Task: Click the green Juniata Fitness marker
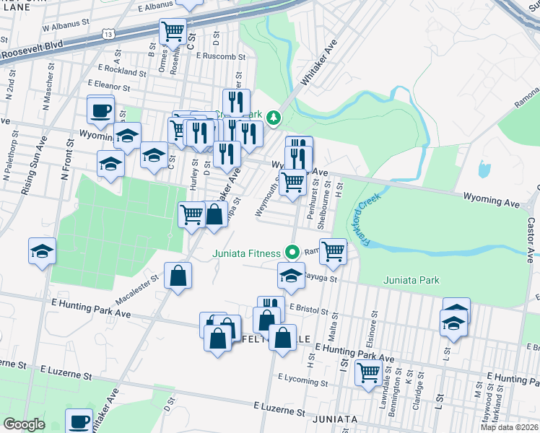(292, 253)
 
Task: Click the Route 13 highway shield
(108, 34)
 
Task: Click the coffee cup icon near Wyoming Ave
(100, 110)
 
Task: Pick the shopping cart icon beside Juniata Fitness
(333, 251)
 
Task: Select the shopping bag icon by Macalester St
(178, 276)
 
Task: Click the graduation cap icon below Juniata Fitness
(291, 276)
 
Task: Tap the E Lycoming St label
(302, 378)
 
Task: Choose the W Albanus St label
(66, 24)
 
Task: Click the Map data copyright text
(508, 427)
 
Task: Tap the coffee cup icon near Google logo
(79, 421)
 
